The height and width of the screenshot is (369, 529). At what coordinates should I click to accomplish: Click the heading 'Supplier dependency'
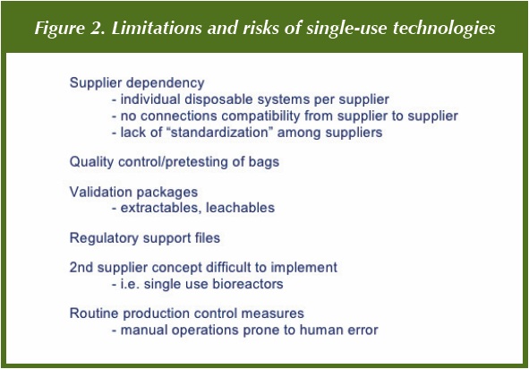[x=137, y=83]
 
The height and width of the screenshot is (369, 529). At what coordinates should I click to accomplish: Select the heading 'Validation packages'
[x=133, y=193]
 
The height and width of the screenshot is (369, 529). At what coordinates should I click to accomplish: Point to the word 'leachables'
[x=240, y=208]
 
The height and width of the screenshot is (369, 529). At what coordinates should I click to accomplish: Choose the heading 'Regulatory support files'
[x=145, y=238]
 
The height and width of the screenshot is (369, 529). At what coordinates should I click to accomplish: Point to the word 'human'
[x=317, y=330]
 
